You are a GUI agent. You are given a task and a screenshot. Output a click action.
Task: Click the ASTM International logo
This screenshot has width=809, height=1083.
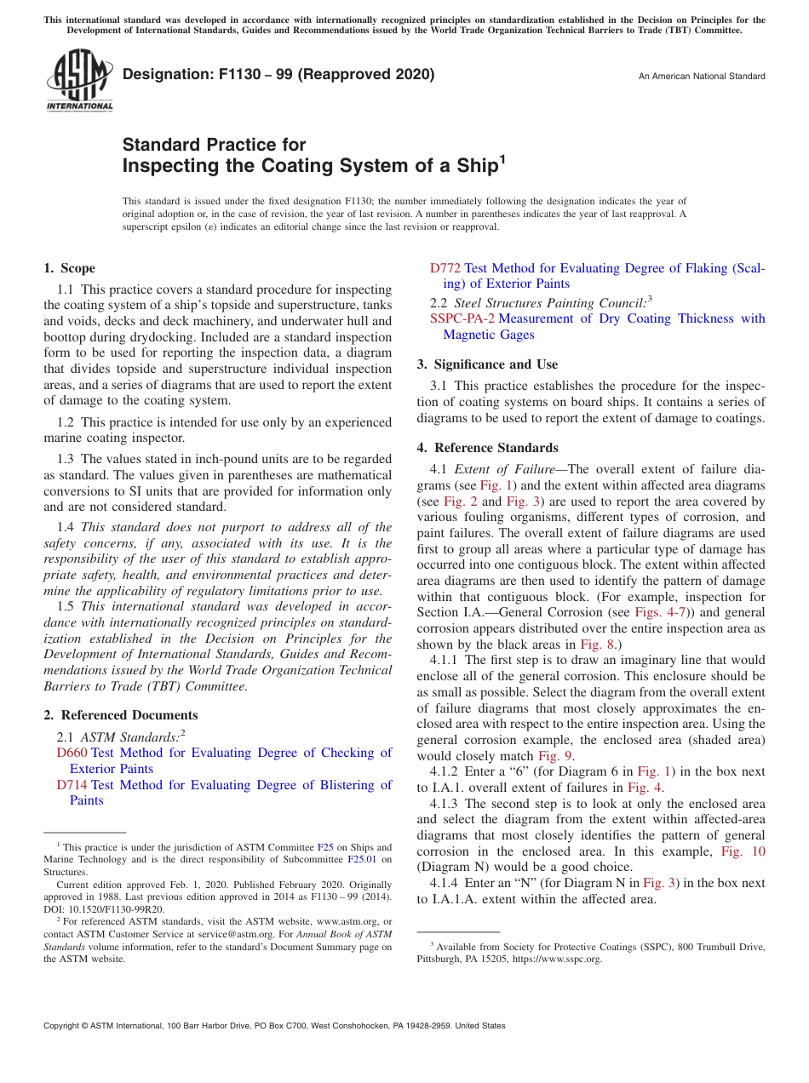[x=79, y=80]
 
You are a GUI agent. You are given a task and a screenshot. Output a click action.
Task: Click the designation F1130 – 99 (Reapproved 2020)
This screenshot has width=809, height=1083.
[x=278, y=74]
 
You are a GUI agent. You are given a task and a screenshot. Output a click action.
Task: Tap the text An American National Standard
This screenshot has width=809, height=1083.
[x=702, y=77]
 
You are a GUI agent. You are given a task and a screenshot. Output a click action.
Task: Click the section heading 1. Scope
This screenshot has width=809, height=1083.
[x=70, y=268]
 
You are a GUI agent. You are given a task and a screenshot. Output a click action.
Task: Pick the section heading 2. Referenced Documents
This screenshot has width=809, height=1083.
[x=121, y=715]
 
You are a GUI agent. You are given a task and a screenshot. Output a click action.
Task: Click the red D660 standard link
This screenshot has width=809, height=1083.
[x=72, y=753]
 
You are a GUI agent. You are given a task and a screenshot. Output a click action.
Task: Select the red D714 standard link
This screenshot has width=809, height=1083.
[x=72, y=785]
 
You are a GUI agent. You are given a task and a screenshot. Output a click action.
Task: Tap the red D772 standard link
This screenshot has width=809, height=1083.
[x=445, y=268]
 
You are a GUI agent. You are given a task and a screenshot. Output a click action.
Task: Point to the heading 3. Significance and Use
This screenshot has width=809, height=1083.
[x=487, y=364]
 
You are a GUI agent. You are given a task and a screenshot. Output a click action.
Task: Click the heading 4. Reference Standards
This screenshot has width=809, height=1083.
[x=488, y=448]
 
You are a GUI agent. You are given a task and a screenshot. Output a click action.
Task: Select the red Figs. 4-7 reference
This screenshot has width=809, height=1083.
[x=657, y=612]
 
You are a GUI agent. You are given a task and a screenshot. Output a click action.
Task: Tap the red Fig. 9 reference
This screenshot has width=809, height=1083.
[x=555, y=756]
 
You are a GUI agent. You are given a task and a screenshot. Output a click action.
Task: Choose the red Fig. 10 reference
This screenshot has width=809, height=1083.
[x=743, y=851]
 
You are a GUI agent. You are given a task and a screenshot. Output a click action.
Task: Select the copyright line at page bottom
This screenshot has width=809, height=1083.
[x=274, y=1026]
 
